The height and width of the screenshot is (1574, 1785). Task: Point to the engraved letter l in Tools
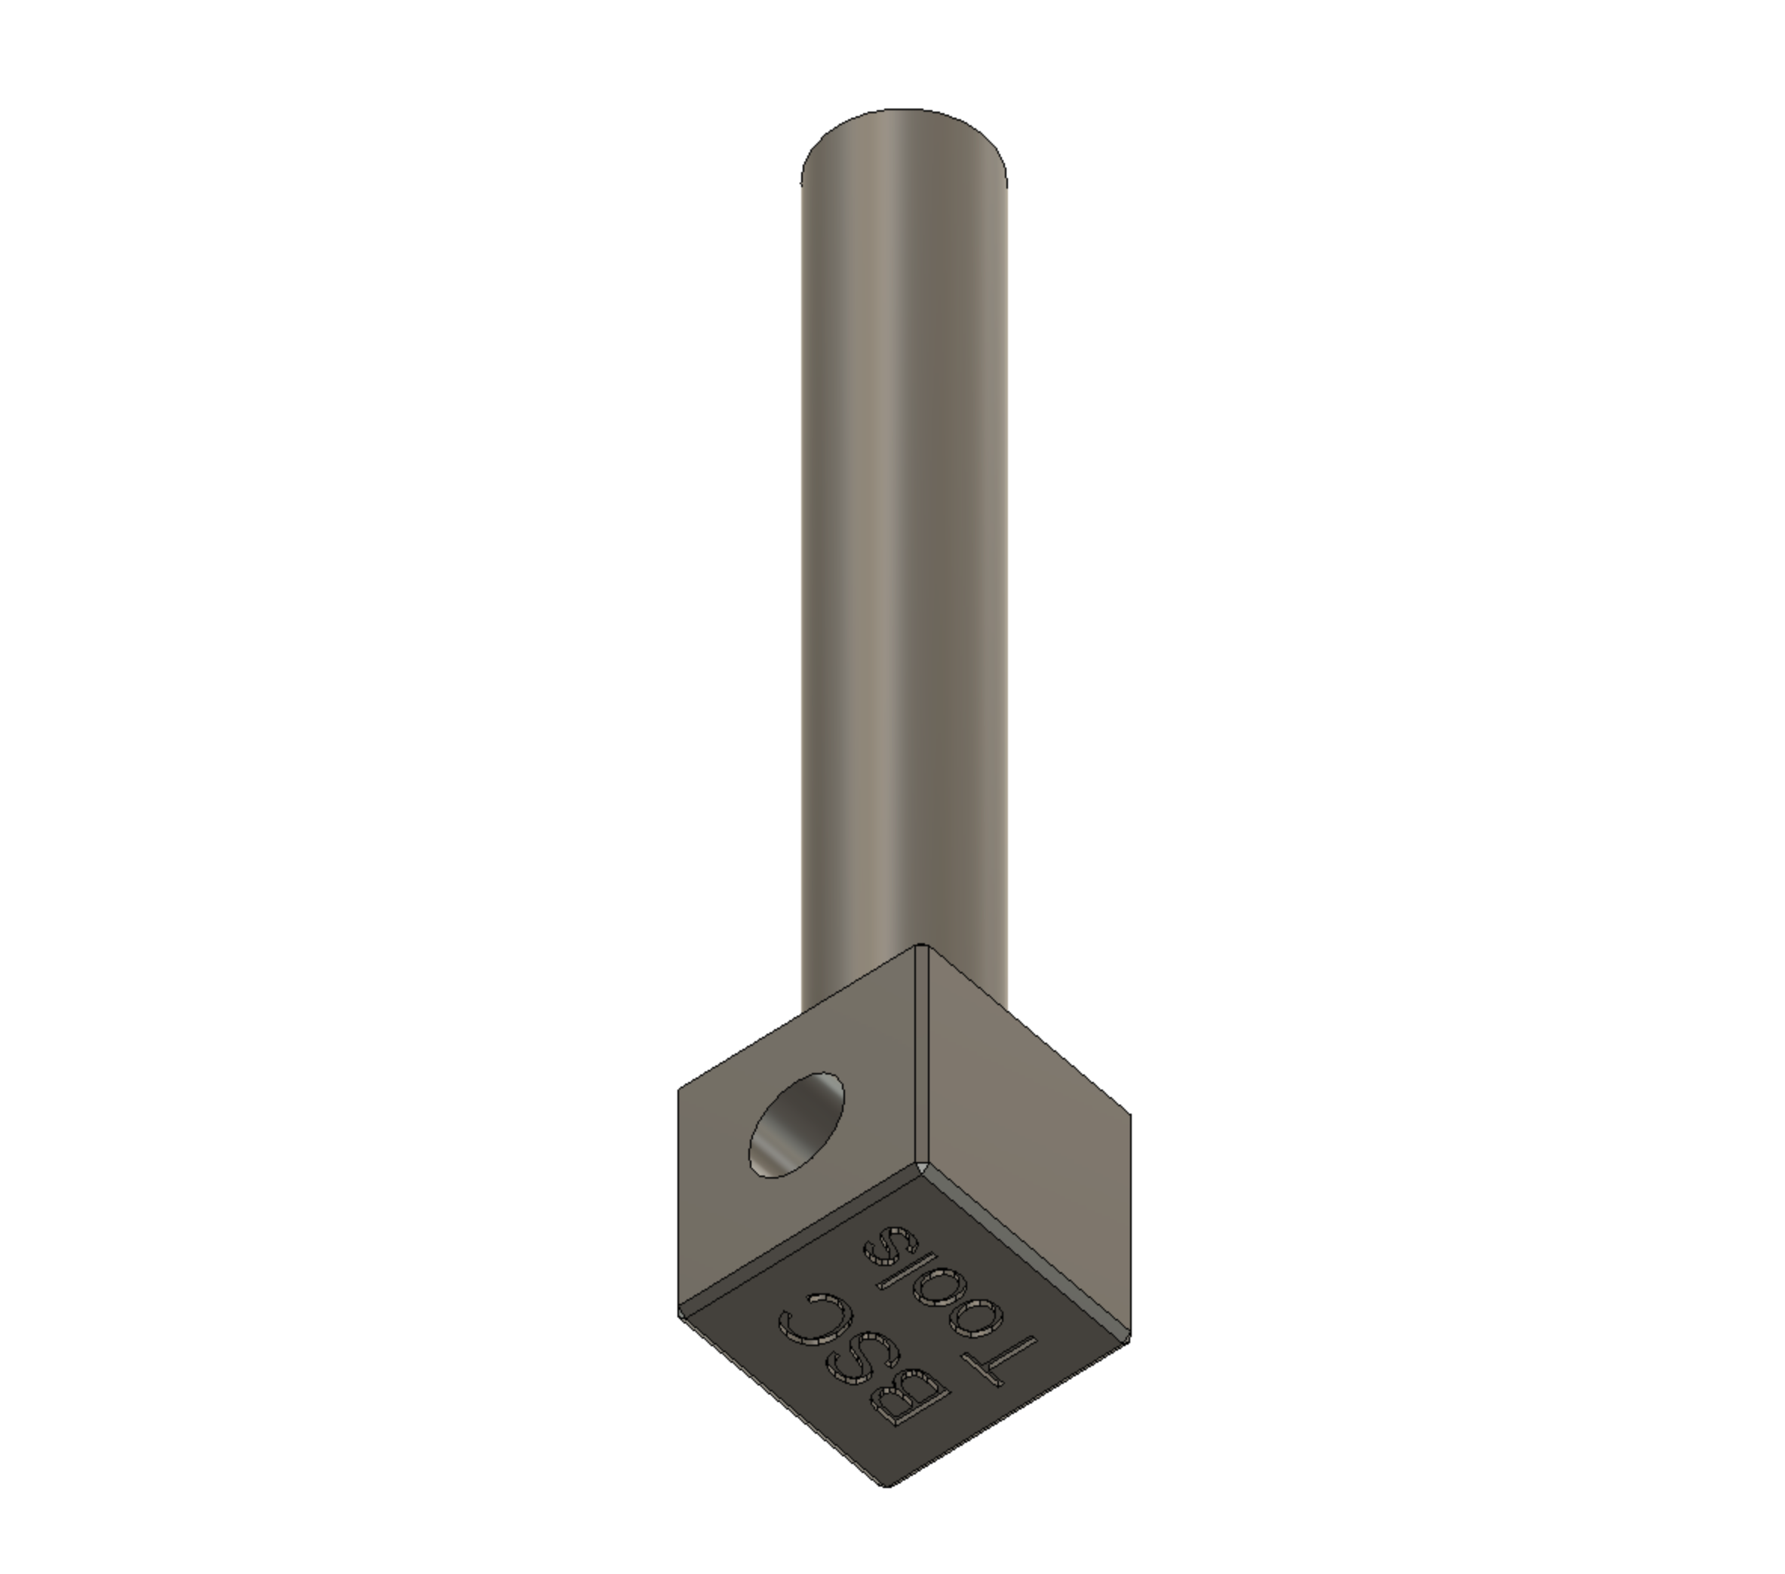click(907, 1271)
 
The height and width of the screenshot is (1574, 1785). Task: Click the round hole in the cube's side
click(797, 1125)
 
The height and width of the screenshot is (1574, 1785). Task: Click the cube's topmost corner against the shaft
click(920, 946)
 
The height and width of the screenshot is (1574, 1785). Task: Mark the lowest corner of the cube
click(887, 1484)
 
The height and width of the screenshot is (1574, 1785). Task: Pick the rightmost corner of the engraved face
click(1129, 1337)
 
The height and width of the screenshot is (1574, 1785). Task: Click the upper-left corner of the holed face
click(681, 1088)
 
